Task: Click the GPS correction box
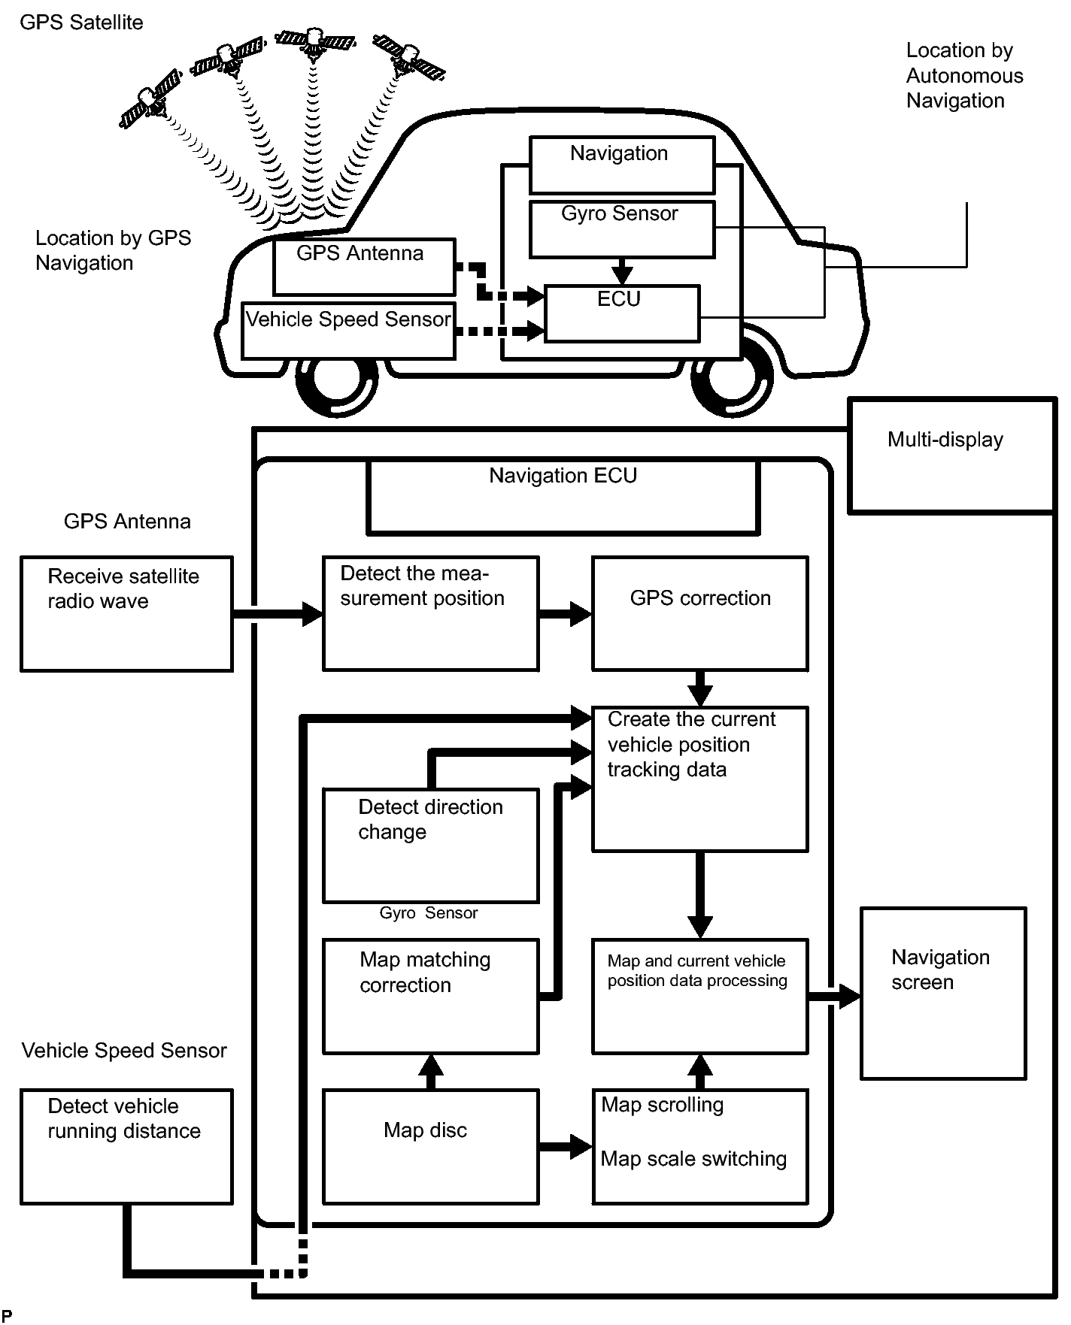[x=699, y=613]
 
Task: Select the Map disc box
[x=430, y=1146]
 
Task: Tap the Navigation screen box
[x=943, y=993]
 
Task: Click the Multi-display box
[x=951, y=455]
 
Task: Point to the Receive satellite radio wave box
[x=126, y=613]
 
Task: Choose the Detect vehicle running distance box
[x=126, y=1146]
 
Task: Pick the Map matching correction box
[x=430, y=996]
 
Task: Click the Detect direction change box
[x=430, y=845]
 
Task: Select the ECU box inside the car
[x=622, y=313]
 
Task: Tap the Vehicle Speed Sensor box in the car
[x=348, y=330]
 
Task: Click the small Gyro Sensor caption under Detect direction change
[x=429, y=913]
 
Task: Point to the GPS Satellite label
[x=81, y=23]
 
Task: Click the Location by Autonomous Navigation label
[x=963, y=75]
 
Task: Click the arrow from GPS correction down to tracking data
[x=700, y=688]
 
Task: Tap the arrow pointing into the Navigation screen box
[x=835, y=997]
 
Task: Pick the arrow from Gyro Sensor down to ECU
[x=622, y=271]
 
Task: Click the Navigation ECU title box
[x=563, y=496]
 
